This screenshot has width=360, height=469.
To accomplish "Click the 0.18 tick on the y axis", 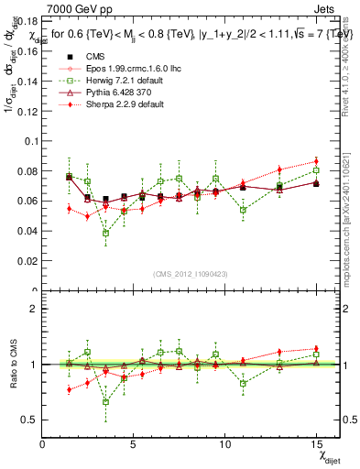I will [x=27, y=25].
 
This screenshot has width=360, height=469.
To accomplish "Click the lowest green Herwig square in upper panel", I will [x=106, y=233].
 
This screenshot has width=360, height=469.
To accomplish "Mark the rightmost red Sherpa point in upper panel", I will [x=316, y=162].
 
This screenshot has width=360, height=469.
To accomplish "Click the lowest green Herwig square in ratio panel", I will [x=106, y=401].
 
